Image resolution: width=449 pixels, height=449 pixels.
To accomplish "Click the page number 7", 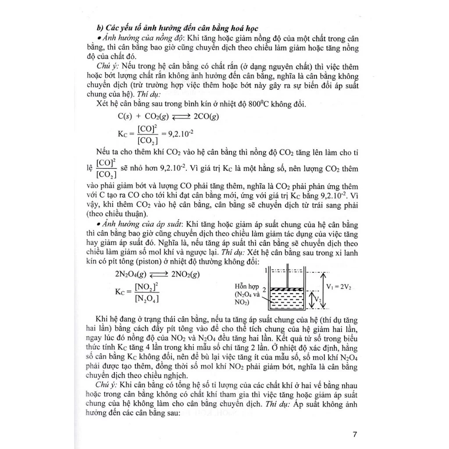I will (x=355, y=435).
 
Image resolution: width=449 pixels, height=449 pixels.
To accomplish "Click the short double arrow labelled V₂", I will (x=313, y=299).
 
